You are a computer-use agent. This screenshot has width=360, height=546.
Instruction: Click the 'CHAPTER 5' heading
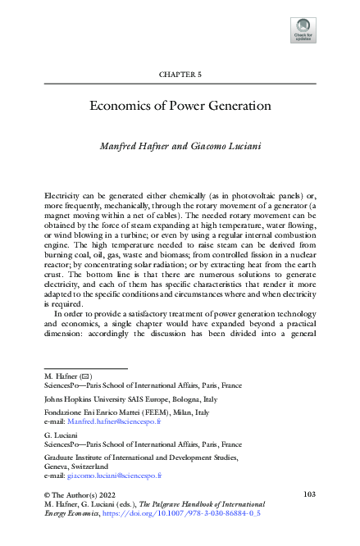tap(180, 75)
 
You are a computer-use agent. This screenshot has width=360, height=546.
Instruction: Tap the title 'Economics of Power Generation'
tap(180, 105)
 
